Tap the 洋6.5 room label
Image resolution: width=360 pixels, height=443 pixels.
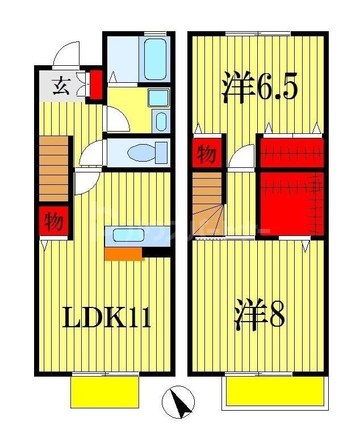(259, 88)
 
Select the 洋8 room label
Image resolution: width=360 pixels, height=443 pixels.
(259, 318)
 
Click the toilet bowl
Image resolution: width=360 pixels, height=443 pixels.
(144, 153)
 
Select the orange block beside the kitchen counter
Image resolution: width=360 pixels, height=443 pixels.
(124, 254)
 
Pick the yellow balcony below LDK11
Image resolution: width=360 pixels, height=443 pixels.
(105, 390)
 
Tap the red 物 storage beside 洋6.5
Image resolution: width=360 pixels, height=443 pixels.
(207, 153)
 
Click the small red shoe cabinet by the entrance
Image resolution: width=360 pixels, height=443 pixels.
(97, 84)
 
